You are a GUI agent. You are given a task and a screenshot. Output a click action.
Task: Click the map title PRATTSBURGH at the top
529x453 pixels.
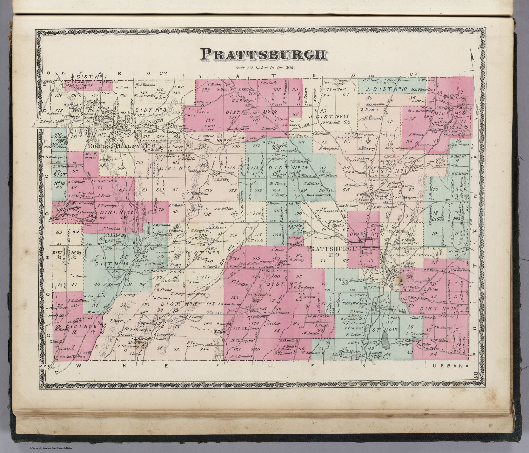(x=264, y=54)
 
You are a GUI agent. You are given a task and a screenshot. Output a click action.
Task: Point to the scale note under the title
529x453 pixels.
(x=264, y=68)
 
